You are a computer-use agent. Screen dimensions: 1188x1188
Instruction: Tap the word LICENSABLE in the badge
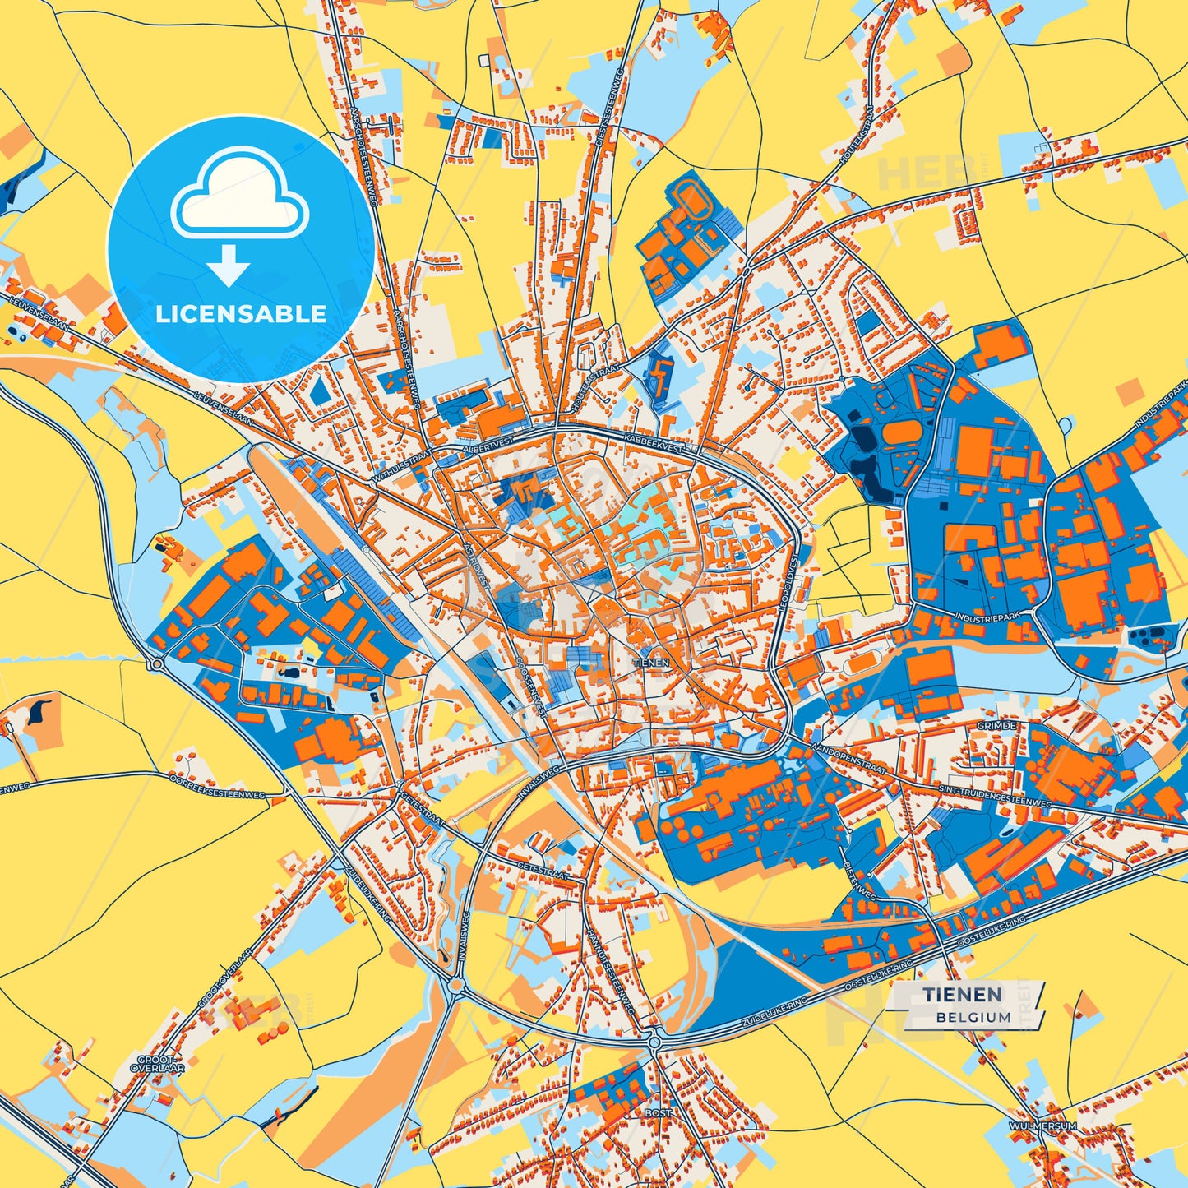point(241,314)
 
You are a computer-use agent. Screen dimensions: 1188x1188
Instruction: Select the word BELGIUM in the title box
point(973,1017)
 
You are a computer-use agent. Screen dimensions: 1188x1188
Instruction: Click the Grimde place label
point(996,726)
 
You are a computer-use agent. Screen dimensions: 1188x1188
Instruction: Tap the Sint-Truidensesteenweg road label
point(996,796)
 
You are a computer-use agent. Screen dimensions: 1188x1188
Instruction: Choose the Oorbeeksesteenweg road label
point(217,786)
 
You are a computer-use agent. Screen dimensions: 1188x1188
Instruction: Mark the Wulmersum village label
point(1042,1126)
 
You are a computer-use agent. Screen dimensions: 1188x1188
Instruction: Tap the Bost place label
point(658,1112)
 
